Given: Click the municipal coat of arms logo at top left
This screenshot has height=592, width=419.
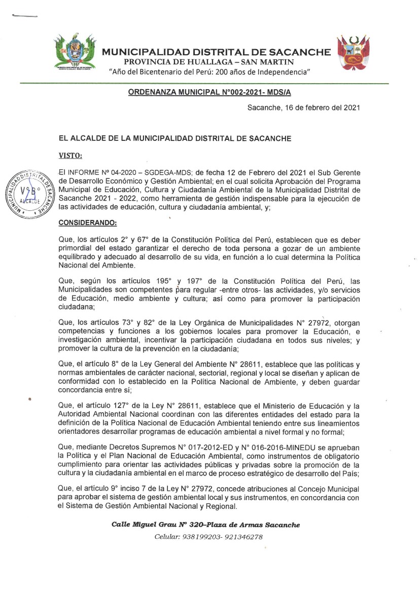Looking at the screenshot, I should (x=75, y=53).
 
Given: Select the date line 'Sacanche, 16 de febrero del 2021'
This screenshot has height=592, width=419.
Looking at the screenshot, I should (x=303, y=108).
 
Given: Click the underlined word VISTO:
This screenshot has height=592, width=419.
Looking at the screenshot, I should (x=70, y=155).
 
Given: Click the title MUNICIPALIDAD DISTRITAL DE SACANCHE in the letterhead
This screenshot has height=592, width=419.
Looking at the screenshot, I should (x=217, y=52).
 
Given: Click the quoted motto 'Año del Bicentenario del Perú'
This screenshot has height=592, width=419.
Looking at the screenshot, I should (x=209, y=71).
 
